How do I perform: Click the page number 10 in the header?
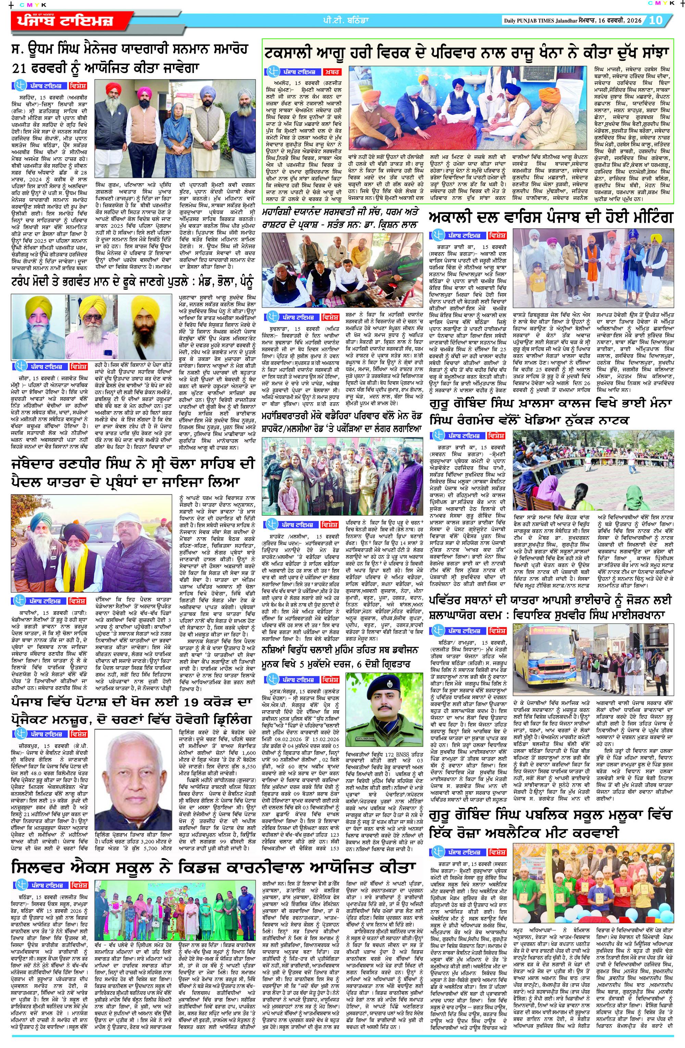(656, 20)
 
